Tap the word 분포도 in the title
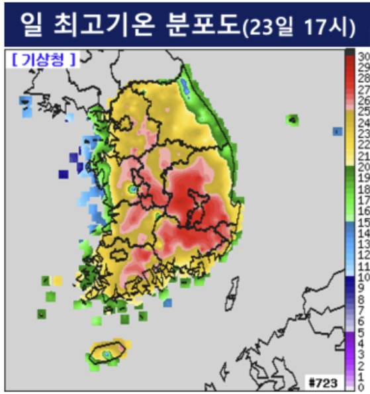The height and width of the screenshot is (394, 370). point(203,24)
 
